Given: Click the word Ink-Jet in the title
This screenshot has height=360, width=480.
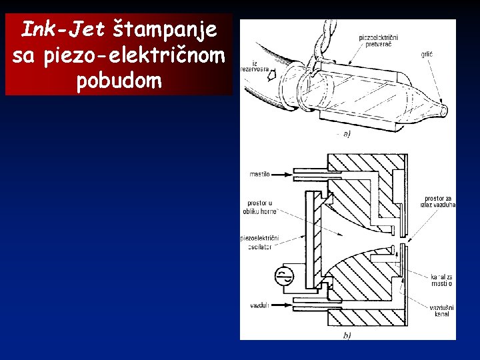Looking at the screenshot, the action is point(61,29).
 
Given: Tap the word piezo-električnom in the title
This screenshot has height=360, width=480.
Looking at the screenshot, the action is point(154,56).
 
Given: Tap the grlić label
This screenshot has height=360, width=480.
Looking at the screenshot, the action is point(428,55).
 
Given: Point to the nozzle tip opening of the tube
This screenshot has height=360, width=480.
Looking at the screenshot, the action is point(445,109).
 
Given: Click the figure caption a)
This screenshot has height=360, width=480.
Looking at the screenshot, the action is point(346,134).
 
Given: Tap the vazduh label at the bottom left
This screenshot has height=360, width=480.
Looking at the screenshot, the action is point(259,305).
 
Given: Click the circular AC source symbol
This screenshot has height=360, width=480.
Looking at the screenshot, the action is point(285,274).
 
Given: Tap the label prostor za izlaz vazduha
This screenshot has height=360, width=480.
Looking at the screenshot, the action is point(439,202).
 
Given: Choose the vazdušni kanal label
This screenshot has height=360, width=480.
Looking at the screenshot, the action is point(441,311).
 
